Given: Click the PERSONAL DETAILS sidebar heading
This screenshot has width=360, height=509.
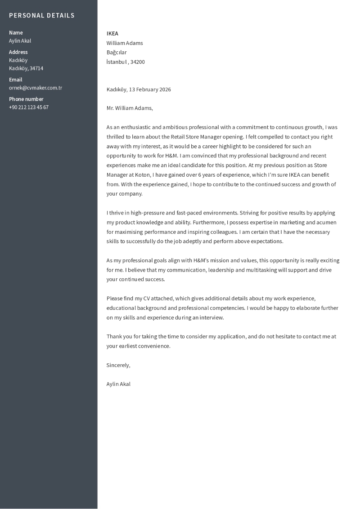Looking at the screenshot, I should click(42, 15).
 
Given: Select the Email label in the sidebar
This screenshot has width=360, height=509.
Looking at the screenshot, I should click(15, 80).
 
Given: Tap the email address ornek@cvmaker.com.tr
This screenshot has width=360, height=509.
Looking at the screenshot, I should click(36, 88).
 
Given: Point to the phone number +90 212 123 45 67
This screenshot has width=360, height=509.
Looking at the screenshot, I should click(29, 107).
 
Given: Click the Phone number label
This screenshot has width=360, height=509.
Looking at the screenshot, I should click(26, 99).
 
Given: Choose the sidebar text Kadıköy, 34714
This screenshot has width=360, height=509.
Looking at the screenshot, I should click(26, 68).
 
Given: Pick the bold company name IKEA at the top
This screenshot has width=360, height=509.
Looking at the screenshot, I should click(112, 33).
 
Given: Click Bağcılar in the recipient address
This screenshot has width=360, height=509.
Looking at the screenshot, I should click(117, 52).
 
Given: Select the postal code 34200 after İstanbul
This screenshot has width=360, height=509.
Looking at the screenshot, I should click(138, 62).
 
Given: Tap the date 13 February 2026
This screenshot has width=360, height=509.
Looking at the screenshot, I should click(150, 89).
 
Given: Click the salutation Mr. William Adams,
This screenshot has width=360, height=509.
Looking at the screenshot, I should click(130, 108).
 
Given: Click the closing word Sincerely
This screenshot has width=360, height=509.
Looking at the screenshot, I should click(118, 365).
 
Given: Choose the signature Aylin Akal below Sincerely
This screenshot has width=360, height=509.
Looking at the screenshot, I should click(118, 384).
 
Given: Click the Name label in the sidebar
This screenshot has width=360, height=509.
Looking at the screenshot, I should click(16, 32).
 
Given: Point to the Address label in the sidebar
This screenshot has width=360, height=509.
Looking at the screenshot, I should click(18, 52).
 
